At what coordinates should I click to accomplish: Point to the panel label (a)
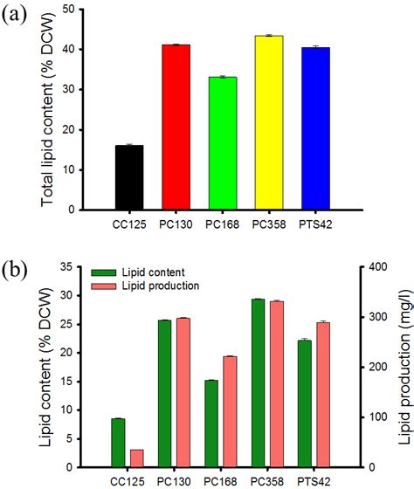click(x=20, y=17)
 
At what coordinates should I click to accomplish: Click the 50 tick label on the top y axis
click(x=76, y=10)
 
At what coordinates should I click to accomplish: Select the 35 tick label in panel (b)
click(x=76, y=266)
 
